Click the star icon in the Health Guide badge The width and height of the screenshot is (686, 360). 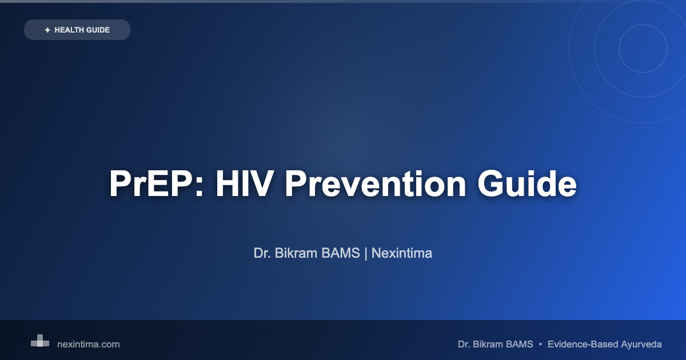[47, 30]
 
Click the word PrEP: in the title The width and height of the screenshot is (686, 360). [156, 183]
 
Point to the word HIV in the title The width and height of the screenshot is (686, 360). [245, 183]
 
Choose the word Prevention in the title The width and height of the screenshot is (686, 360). [376, 183]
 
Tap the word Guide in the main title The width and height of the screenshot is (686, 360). [527, 183]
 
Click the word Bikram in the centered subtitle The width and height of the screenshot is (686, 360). [296, 253]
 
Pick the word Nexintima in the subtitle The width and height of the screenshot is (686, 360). [402, 253]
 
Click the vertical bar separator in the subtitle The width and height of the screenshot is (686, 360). [366, 254]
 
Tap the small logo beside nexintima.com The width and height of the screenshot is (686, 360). [40, 341]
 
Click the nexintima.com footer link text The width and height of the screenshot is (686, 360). [89, 345]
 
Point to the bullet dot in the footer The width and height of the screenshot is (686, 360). [540, 345]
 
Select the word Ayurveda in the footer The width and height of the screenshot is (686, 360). [641, 345]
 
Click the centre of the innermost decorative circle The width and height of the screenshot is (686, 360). [643, 49]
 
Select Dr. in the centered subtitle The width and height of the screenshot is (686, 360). [262, 253]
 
